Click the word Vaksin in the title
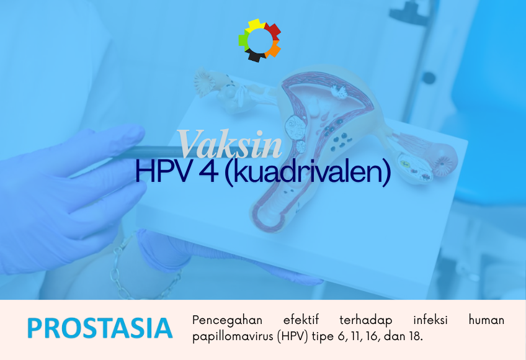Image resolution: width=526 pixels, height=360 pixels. point(230,144)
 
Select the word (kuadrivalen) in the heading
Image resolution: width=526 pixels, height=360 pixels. point(307,172)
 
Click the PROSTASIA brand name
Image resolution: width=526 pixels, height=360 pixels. point(100,328)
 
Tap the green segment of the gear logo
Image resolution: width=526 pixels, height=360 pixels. point(244,41)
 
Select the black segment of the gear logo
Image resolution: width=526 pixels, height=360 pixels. point(256,56)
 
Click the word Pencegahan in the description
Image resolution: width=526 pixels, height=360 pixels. point(228,321)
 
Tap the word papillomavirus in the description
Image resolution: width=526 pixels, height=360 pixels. point(233,337)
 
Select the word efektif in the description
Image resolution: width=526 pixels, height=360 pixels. point(301,320)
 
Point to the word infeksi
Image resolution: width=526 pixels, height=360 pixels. point(430,320)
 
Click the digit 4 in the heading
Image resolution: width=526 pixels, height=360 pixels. point(207,171)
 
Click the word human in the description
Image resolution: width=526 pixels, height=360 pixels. point(486,320)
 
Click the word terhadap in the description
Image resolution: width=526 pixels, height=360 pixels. point(365,320)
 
